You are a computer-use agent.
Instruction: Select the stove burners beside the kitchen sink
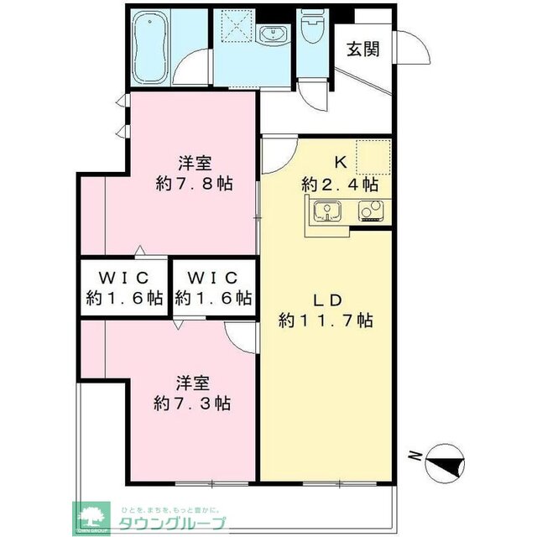click(x=370, y=211)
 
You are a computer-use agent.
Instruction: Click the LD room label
click(x=326, y=300)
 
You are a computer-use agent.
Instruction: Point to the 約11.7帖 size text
click(x=326, y=320)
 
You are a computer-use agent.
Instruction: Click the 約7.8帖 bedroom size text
click(x=195, y=183)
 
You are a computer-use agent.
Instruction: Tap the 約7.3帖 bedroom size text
click(x=193, y=404)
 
